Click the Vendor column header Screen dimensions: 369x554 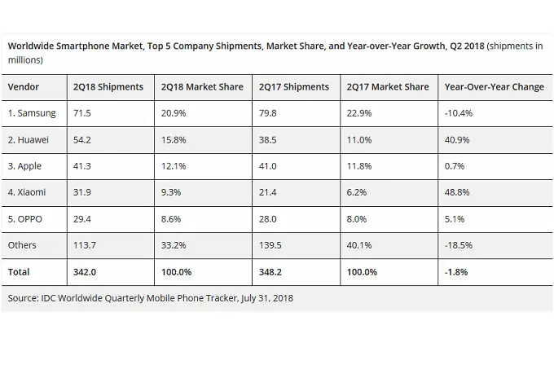(x=24, y=87)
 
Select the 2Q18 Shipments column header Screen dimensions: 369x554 (x=108, y=87)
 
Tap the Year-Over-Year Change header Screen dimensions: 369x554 (x=494, y=87)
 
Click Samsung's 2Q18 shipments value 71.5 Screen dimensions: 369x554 (x=81, y=113)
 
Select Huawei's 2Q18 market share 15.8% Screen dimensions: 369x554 (x=174, y=140)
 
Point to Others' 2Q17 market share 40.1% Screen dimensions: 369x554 (x=359, y=245)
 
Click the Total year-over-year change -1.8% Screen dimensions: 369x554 (x=457, y=272)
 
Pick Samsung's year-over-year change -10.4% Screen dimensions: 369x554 (x=459, y=113)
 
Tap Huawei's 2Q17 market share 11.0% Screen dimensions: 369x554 (x=359, y=140)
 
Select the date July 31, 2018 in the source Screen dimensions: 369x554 (x=266, y=298)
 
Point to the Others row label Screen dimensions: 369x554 (x=23, y=245)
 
